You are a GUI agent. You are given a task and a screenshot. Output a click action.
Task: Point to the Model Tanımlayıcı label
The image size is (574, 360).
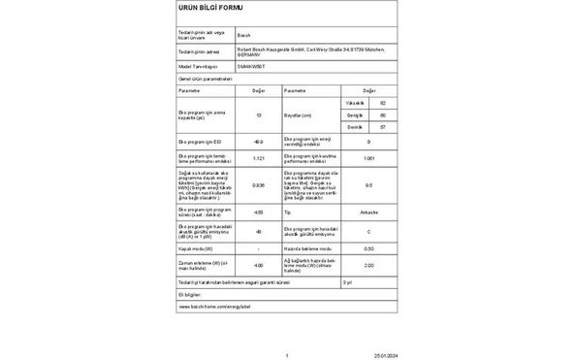tap(199, 66)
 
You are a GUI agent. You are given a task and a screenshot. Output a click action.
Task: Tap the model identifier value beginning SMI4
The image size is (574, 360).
tap(249, 66)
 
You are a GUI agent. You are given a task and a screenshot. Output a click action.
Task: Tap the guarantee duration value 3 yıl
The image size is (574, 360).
tap(347, 281)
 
